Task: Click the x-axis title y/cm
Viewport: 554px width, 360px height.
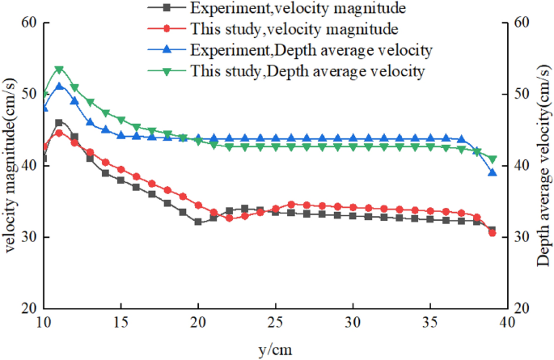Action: click(276, 349)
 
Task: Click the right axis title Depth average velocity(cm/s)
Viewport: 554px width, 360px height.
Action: click(543, 166)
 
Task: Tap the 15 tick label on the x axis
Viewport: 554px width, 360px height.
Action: click(121, 323)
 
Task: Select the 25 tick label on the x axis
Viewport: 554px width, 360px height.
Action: click(275, 323)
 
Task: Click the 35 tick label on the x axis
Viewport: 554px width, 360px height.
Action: click(430, 323)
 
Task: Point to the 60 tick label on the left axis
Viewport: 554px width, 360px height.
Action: click(30, 23)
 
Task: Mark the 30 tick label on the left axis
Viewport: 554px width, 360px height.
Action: click(30, 237)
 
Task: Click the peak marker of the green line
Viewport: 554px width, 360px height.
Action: click(59, 70)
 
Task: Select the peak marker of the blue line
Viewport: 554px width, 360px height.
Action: click(59, 86)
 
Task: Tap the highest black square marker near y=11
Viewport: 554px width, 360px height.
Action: click(59, 123)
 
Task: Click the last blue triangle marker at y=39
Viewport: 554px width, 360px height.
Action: click(492, 172)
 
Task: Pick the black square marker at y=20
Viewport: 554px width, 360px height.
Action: click(198, 222)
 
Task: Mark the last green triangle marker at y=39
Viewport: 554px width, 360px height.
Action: click(492, 159)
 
